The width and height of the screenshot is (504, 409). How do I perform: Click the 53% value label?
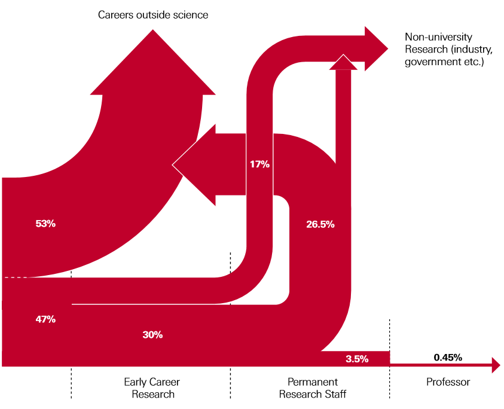(x=45, y=224)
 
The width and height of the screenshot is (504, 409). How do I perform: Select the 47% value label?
(x=45, y=319)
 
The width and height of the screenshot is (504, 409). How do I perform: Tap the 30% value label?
(x=152, y=335)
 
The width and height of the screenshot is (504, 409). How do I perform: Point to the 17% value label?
(x=259, y=164)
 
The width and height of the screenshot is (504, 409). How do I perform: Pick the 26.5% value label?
(x=320, y=225)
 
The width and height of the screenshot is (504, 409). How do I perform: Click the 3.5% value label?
(x=357, y=359)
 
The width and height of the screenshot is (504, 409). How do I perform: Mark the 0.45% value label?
(x=447, y=358)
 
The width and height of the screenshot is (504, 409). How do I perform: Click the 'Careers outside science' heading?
(x=153, y=15)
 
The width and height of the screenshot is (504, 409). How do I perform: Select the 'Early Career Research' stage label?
(x=152, y=388)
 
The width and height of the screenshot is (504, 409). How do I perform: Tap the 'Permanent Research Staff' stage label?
(x=313, y=388)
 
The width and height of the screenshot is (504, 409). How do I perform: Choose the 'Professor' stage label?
(x=448, y=382)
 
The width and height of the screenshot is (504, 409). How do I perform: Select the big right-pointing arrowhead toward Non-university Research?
(x=377, y=48)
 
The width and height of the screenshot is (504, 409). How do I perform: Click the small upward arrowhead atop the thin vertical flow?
(x=343, y=62)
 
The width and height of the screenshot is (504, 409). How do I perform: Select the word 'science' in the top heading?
(x=191, y=15)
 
